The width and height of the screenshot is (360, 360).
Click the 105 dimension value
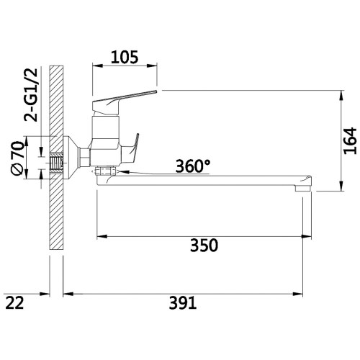click(x=125, y=57)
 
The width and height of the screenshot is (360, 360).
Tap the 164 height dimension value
click(x=350, y=141)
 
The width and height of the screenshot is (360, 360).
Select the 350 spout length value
click(x=204, y=246)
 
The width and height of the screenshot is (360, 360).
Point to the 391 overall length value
click(x=183, y=302)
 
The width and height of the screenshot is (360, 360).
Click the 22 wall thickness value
click(x=14, y=302)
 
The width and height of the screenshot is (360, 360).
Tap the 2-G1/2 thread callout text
click(x=31, y=95)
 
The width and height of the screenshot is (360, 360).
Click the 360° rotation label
click(x=193, y=166)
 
